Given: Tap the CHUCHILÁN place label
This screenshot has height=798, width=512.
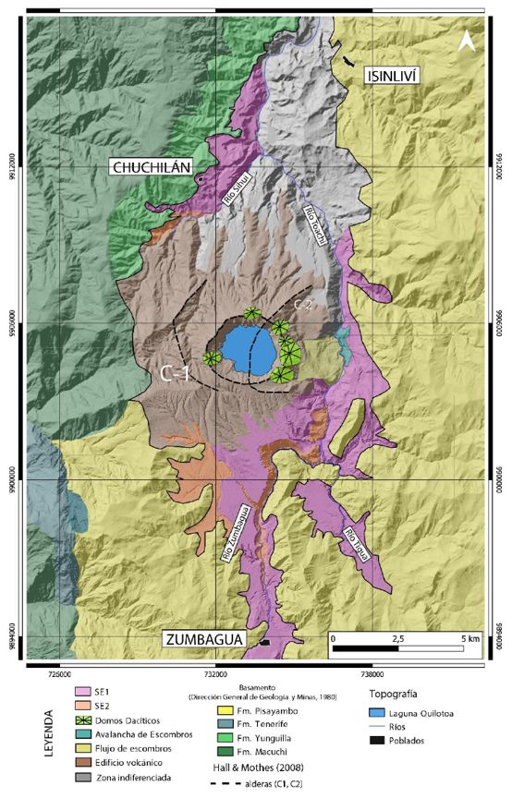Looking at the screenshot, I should tap(151, 167).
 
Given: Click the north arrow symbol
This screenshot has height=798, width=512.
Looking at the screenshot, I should tap(469, 42).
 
